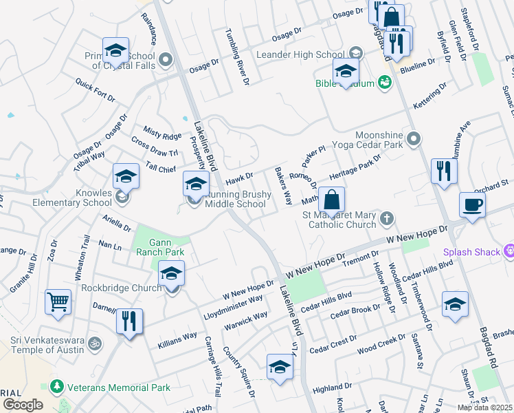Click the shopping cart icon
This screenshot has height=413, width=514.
click(x=58, y=301)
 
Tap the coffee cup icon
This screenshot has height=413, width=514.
click(x=472, y=205)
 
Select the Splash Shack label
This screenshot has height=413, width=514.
click(x=471, y=252)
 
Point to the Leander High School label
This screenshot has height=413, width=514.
click(x=300, y=54)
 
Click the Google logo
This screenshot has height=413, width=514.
click(x=23, y=405)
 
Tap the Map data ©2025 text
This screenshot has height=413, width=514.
click(x=484, y=407)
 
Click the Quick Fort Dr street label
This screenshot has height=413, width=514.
click(x=96, y=89)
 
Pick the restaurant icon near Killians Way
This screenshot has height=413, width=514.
click(x=129, y=321)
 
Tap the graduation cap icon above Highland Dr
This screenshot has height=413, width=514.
click(x=280, y=367)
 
